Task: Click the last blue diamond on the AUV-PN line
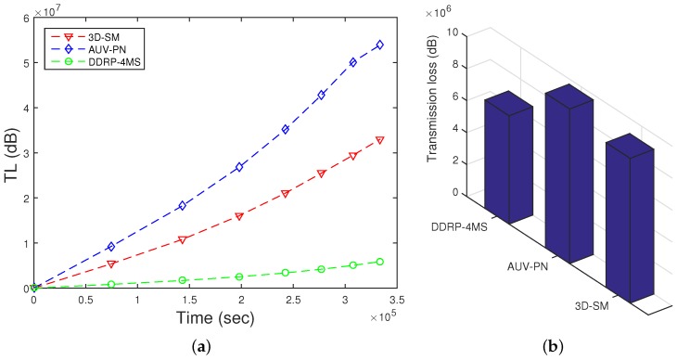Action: coord(378,45)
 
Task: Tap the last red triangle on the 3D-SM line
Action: coord(378,140)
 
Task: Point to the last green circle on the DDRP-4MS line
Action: coord(378,262)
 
